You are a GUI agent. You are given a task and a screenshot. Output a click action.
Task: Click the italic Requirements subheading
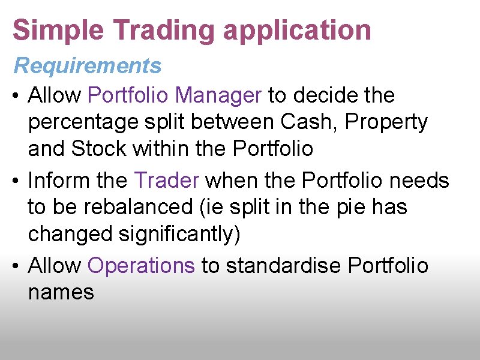pos(88,65)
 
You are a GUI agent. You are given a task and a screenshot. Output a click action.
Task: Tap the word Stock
pos(99,148)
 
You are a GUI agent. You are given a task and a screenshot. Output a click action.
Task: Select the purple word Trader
pos(166,179)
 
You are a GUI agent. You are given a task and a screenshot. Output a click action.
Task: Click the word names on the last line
pos(61,292)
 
